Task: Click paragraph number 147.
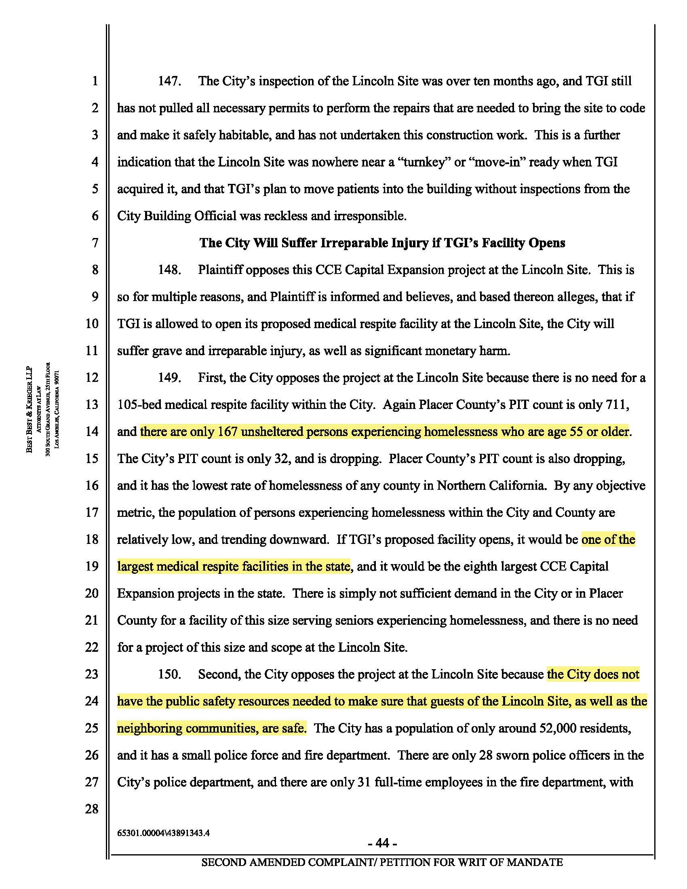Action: point(169,81)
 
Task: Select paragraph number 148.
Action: point(169,270)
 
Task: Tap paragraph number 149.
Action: point(169,378)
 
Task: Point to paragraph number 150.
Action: point(169,674)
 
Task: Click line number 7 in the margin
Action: point(95,243)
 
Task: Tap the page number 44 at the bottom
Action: point(382,843)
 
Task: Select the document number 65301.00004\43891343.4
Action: point(163,833)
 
